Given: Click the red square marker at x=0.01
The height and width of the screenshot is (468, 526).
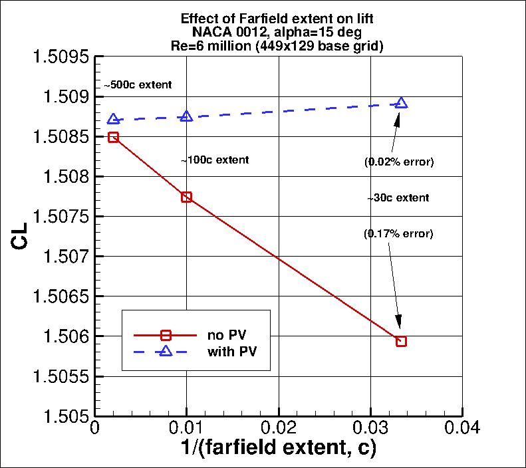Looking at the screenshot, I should [x=186, y=197].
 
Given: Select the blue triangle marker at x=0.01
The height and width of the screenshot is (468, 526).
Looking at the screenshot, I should [x=186, y=117].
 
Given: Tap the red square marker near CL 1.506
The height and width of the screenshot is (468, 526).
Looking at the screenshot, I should [x=401, y=341].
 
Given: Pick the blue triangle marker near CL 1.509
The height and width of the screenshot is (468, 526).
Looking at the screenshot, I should [x=401, y=103].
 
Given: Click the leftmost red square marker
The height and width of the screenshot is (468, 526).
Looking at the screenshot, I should [x=113, y=137].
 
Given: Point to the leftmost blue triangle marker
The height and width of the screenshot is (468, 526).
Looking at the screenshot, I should [x=113, y=119].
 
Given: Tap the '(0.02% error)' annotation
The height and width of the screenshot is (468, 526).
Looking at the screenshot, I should [x=398, y=162].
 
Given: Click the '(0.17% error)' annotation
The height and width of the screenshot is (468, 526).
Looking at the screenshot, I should [x=398, y=233].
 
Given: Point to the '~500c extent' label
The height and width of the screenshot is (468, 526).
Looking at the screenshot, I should [x=138, y=85].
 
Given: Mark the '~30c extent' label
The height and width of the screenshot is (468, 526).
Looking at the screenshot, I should [x=398, y=198].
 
